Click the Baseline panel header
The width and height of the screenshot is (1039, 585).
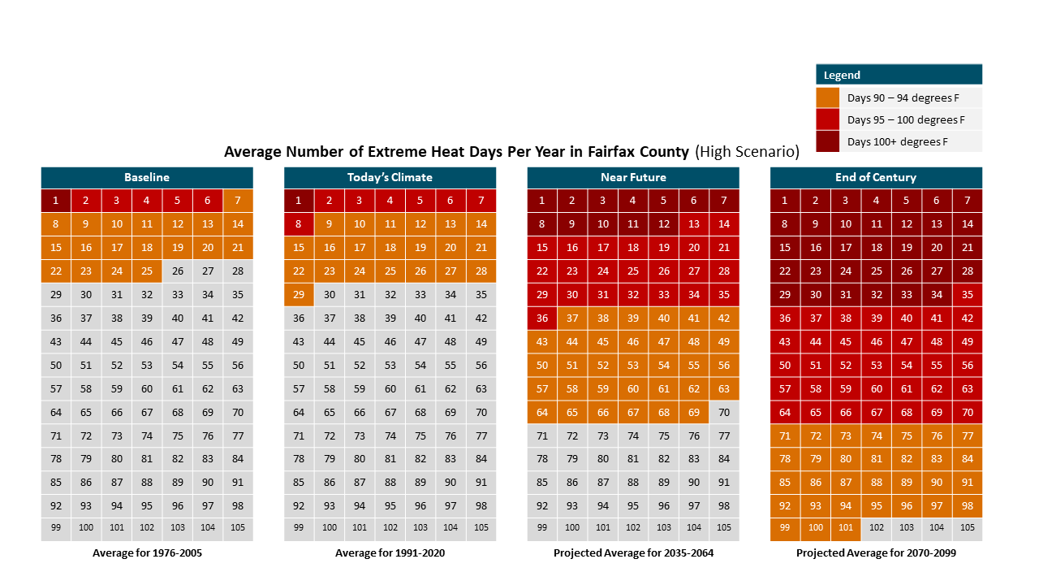click(x=147, y=177)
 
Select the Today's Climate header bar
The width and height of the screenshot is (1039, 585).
click(x=390, y=177)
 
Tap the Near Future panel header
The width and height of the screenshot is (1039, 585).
click(x=633, y=177)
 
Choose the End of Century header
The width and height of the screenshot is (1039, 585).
click(x=876, y=177)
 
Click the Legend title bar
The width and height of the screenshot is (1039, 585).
click(x=899, y=75)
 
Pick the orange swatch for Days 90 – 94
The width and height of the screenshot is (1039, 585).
click(x=828, y=97)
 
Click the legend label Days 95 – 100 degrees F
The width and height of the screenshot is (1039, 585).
click(x=906, y=119)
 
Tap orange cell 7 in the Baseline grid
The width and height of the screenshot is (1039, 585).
click(x=238, y=201)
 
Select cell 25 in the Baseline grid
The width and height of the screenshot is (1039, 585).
click(x=147, y=271)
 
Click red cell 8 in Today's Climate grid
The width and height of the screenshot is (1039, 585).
click(x=299, y=224)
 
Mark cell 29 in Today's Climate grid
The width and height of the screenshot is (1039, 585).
click(x=299, y=295)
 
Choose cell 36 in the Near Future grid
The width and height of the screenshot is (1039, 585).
click(x=542, y=318)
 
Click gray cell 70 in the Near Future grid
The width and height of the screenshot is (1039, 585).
click(x=724, y=412)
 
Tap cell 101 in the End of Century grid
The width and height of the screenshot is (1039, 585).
click(x=846, y=528)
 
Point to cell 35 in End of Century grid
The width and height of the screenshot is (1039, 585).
click(x=967, y=295)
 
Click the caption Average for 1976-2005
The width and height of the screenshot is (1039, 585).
click(x=147, y=554)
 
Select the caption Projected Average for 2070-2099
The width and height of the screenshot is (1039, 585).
click(x=876, y=554)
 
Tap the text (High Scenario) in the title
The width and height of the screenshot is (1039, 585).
click(x=747, y=151)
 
